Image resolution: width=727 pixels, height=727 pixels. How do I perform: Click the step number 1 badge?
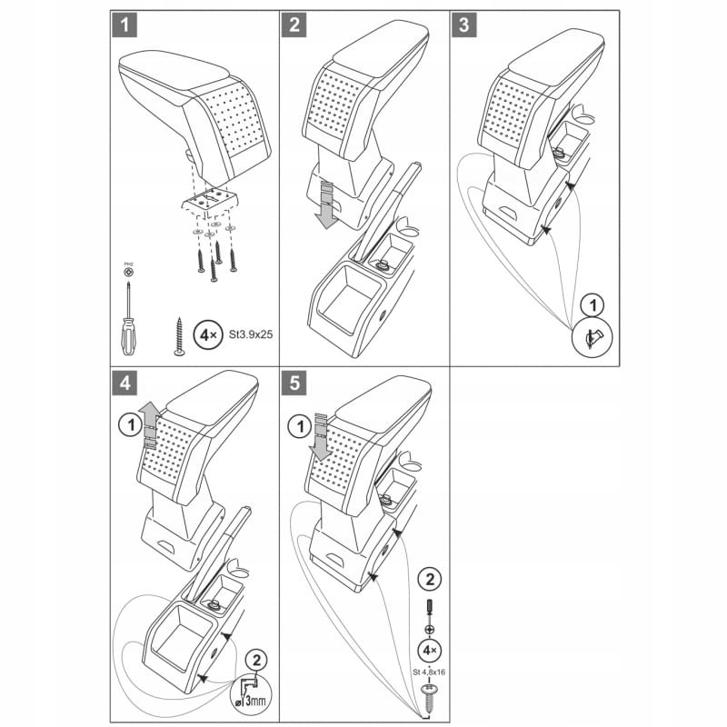[x=124, y=25]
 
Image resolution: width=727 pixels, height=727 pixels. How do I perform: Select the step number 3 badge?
[x=464, y=25]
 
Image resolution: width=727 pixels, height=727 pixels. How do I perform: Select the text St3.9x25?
[x=251, y=334]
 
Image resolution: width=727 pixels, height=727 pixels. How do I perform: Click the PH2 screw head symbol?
[x=128, y=271]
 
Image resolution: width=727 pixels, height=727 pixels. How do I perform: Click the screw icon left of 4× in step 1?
[x=179, y=334]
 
